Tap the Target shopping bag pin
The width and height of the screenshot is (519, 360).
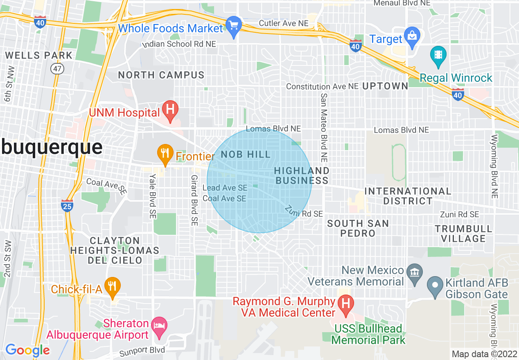pyautogui.click(x=412, y=36)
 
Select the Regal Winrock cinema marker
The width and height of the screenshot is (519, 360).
pyautogui.click(x=438, y=56)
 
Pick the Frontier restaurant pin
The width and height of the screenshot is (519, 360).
pyautogui.click(x=165, y=154)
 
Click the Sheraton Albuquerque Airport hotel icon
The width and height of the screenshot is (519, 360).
pyautogui.click(x=159, y=326)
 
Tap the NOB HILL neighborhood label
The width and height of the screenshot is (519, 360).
pyautogui.click(x=246, y=155)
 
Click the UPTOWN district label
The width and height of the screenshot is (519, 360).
pyautogui.click(x=385, y=86)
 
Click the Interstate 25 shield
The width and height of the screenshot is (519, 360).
pyautogui.click(x=68, y=206)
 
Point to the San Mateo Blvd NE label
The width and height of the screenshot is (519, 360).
pyautogui.click(x=324, y=126)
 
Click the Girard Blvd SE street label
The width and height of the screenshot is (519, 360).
pyautogui.click(x=194, y=200)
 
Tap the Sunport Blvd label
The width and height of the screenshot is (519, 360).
pyautogui.click(x=142, y=351)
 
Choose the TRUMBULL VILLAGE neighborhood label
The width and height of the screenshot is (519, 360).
pyautogui.click(x=463, y=234)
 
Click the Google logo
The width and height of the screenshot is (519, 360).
pyautogui.click(x=27, y=350)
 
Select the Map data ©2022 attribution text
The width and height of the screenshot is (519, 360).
pyautogui.click(x=484, y=354)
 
